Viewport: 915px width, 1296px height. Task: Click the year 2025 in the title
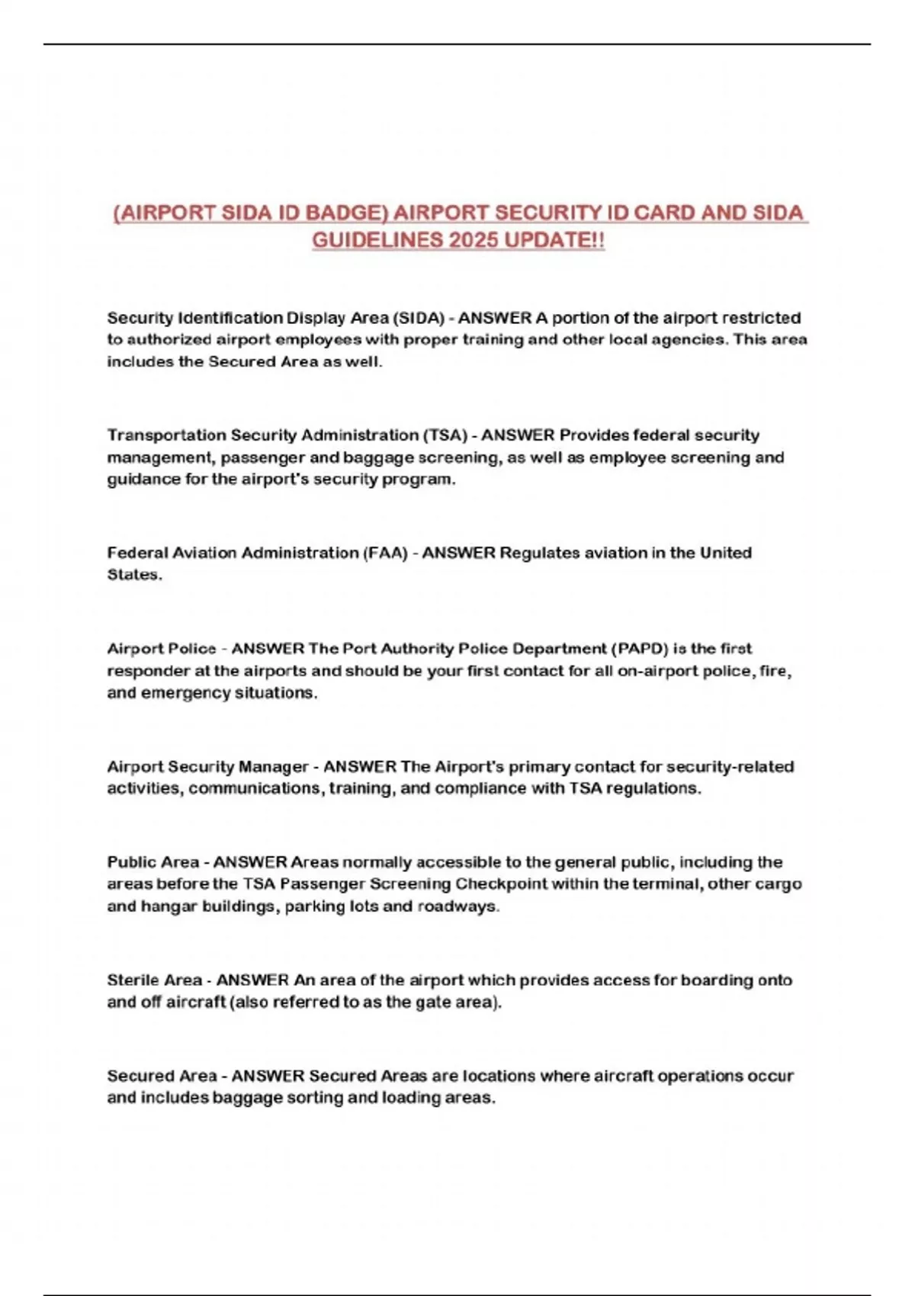point(471,240)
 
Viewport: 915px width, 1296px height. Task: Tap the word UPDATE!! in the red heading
point(555,240)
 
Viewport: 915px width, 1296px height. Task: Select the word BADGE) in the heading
point(345,213)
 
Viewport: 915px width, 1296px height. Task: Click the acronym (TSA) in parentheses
point(445,435)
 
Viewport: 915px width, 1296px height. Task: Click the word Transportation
point(166,435)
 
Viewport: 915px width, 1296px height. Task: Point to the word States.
point(134,575)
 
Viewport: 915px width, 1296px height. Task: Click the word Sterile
point(133,980)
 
